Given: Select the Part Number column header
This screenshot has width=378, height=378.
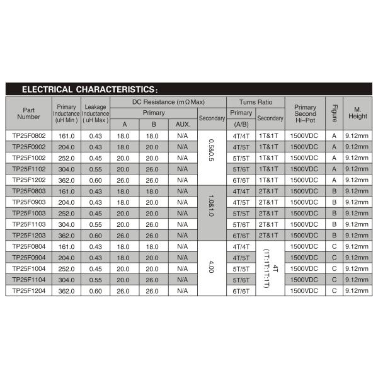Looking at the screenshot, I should [x=29, y=113].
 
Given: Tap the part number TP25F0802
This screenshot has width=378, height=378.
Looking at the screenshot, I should [x=29, y=135].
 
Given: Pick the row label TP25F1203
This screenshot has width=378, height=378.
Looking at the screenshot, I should [x=29, y=235].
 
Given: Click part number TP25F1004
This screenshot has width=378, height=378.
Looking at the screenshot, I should [x=29, y=268].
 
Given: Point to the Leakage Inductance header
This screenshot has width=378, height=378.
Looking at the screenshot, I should [x=95, y=113].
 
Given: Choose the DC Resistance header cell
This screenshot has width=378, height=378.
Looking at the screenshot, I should [x=168, y=101].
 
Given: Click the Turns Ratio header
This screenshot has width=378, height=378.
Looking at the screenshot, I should [x=256, y=101].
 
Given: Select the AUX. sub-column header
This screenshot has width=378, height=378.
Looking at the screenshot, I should [x=183, y=124].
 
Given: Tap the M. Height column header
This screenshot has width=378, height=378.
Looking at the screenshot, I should [x=357, y=113].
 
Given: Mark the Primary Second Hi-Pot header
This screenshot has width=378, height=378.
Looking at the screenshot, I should [x=305, y=113].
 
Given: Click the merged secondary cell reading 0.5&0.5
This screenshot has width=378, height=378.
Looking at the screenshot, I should [x=211, y=157].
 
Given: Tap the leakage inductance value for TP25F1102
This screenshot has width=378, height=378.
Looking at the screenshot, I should [x=95, y=169].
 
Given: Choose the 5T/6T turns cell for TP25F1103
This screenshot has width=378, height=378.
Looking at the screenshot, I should [x=241, y=224].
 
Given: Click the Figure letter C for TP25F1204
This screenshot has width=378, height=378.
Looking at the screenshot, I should [x=335, y=290].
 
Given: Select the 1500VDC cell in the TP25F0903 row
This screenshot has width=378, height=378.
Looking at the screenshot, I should [x=305, y=202].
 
